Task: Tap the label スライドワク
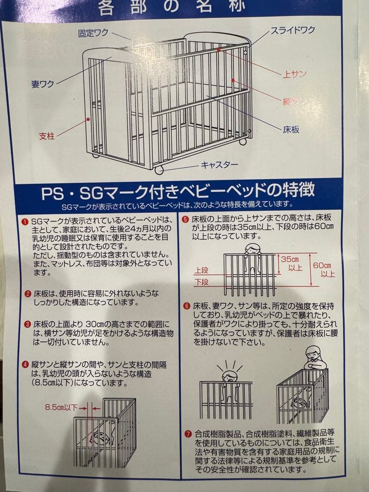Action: click(293, 31)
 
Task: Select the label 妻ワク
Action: click(42, 84)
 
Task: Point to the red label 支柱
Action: click(46, 136)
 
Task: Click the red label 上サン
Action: click(294, 74)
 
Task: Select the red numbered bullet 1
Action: click(26, 221)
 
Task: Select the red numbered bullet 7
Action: click(187, 433)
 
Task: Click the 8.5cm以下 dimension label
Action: click(61, 407)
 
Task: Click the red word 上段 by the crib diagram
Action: click(201, 270)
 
